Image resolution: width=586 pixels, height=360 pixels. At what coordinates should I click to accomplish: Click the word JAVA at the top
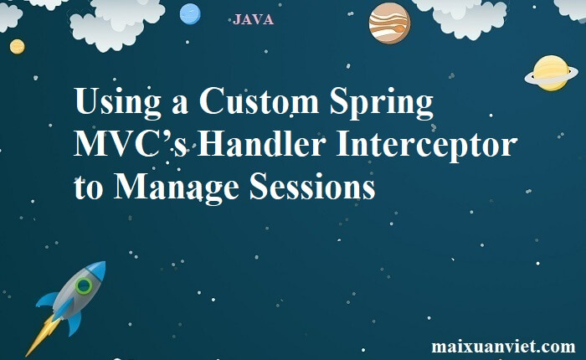click(x=253, y=19)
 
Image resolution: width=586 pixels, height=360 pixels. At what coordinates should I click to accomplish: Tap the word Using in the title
click(x=117, y=102)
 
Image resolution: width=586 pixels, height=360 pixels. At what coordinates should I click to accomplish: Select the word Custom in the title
click(x=259, y=100)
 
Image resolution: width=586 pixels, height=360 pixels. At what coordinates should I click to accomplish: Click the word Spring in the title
click(x=382, y=102)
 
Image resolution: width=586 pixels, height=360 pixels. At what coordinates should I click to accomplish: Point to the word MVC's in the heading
click(x=130, y=144)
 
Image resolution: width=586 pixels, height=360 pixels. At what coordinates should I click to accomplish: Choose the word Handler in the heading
click(x=261, y=143)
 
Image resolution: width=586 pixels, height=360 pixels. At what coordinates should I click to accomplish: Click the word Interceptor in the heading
click(x=427, y=145)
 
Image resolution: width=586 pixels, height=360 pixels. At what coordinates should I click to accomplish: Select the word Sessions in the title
click(x=312, y=186)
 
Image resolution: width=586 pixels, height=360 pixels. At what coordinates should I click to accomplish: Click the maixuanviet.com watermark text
click(x=503, y=346)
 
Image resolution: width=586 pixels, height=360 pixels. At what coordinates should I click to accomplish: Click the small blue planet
click(x=190, y=14)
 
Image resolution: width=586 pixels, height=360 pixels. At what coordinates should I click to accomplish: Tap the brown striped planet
click(x=389, y=23)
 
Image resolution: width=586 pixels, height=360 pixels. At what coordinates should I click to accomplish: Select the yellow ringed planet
click(x=551, y=74)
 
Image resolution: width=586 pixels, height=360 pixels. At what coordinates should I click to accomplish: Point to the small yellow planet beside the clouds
click(x=18, y=47)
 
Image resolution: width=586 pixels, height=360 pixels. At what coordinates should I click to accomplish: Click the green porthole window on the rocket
click(x=84, y=286)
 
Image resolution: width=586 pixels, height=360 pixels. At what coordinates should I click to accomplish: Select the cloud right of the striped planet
click(x=457, y=16)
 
